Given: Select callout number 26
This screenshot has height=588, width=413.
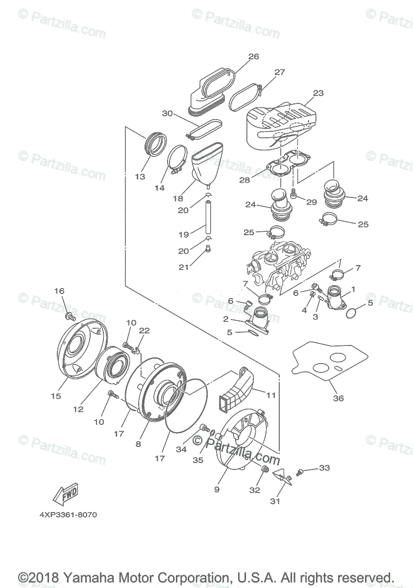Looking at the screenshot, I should (253, 57).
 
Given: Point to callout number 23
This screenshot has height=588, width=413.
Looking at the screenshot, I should (304, 93).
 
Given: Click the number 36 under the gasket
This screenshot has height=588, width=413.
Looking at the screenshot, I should (339, 398).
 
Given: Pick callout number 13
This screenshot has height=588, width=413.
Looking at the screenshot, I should (140, 176).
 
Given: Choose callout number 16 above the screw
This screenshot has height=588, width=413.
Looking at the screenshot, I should (59, 291).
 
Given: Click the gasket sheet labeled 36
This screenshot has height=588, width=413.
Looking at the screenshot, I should (333, 366).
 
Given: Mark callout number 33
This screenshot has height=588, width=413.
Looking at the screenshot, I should (324, 467).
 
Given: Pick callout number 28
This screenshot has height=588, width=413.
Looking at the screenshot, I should (244, 180).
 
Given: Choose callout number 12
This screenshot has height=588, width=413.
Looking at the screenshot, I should (78, 409).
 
